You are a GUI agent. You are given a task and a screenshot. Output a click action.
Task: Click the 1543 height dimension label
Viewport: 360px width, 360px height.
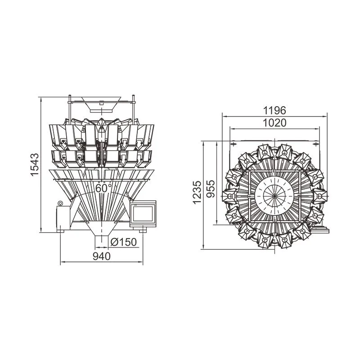[x=35, y=165]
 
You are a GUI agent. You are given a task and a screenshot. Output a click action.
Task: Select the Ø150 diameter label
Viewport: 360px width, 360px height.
[x=123, y=242]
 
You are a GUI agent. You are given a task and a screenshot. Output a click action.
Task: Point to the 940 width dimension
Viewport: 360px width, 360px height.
[x=102, y=256]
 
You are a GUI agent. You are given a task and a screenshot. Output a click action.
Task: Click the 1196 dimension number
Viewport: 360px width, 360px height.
[x=274, y=110]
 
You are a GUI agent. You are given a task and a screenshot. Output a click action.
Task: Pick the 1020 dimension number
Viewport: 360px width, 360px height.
[x=274, y=123]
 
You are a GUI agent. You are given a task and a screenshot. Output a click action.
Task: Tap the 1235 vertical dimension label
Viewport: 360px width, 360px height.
[x=197, y=193]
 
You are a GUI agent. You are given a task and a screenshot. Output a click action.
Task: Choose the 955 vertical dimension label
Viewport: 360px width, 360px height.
[x=211, y=189]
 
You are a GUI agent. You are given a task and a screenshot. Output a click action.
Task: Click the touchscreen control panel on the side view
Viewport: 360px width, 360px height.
[x=143, y=214]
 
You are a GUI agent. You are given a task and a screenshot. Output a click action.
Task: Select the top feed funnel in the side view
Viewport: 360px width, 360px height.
[x=101, y=104]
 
